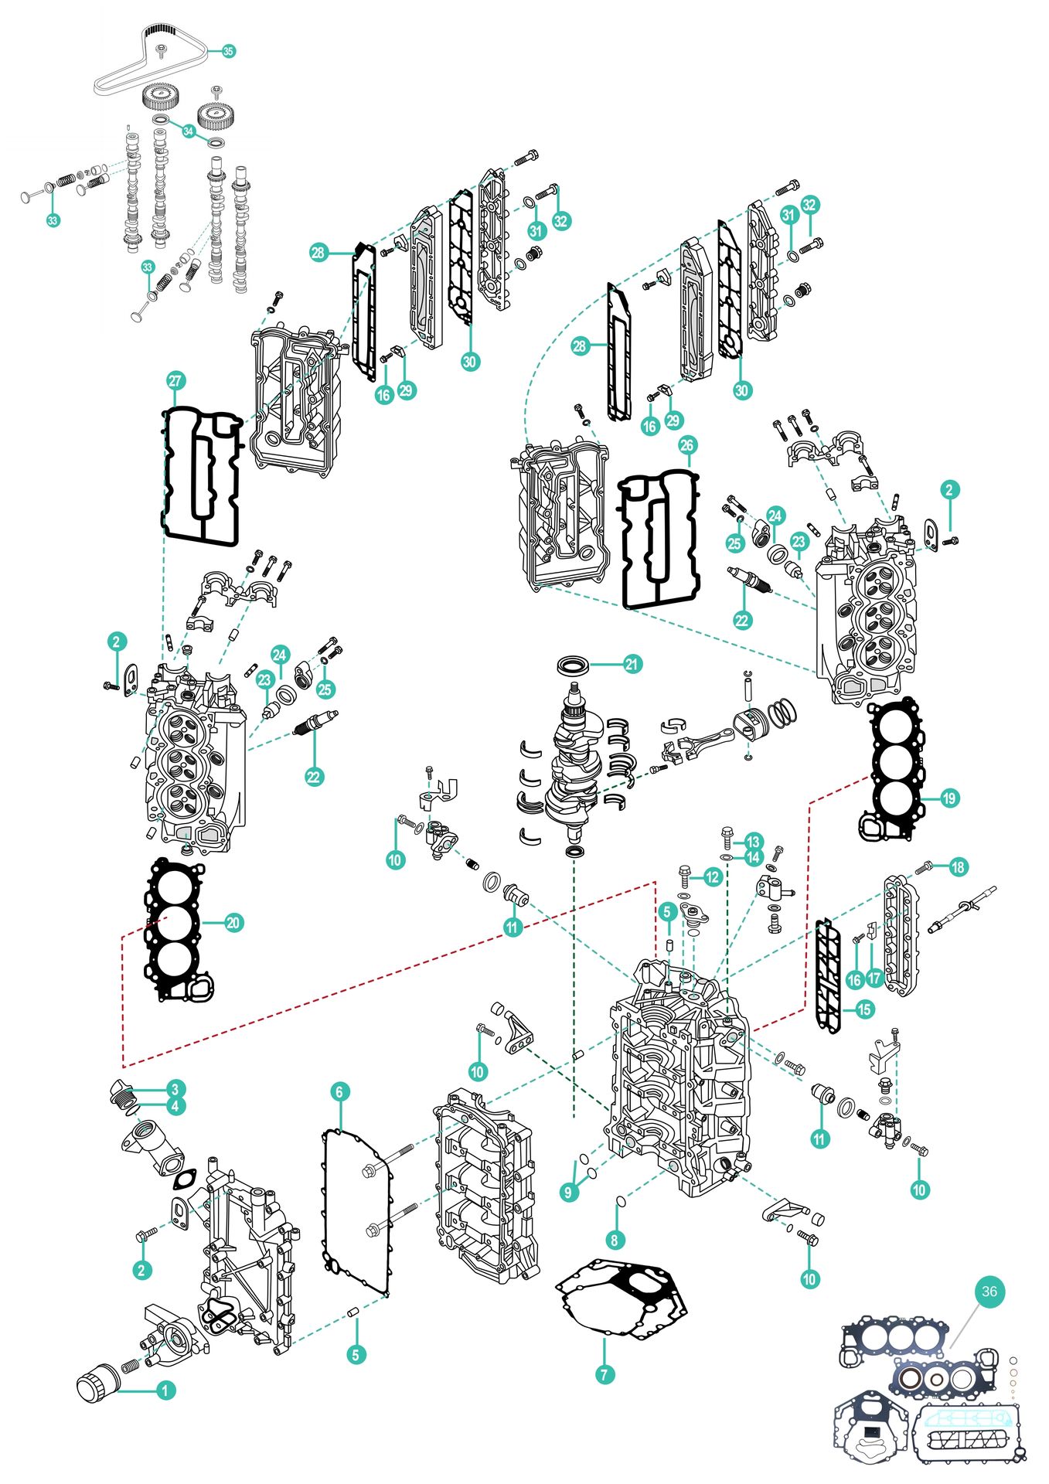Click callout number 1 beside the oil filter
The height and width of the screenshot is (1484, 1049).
coord(165,1390)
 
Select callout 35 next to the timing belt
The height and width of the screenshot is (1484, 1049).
coord(228,51)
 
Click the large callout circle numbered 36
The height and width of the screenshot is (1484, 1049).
coord(989,1291)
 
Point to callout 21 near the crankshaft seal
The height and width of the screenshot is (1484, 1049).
coord(632,664)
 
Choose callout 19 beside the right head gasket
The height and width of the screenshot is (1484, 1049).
coord(949,798)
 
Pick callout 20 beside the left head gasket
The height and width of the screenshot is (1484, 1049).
coord(233,922)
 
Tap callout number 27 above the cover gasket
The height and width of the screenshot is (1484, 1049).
coord(175,380)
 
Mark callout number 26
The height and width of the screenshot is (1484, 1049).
coord(687,445)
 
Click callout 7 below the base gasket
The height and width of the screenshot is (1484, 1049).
coord(605,1374)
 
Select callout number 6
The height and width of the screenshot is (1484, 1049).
coord(339,1091)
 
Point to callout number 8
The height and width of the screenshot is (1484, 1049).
coord(615,1240)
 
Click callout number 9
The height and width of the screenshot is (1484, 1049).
coord(568,1192)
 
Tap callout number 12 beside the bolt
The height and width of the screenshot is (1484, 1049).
coord(712,876)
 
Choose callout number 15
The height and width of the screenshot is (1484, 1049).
coord(864,1009)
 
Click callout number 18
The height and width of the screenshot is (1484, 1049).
coord(958,866)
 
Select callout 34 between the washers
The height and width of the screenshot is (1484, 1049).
coord(188,131)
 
